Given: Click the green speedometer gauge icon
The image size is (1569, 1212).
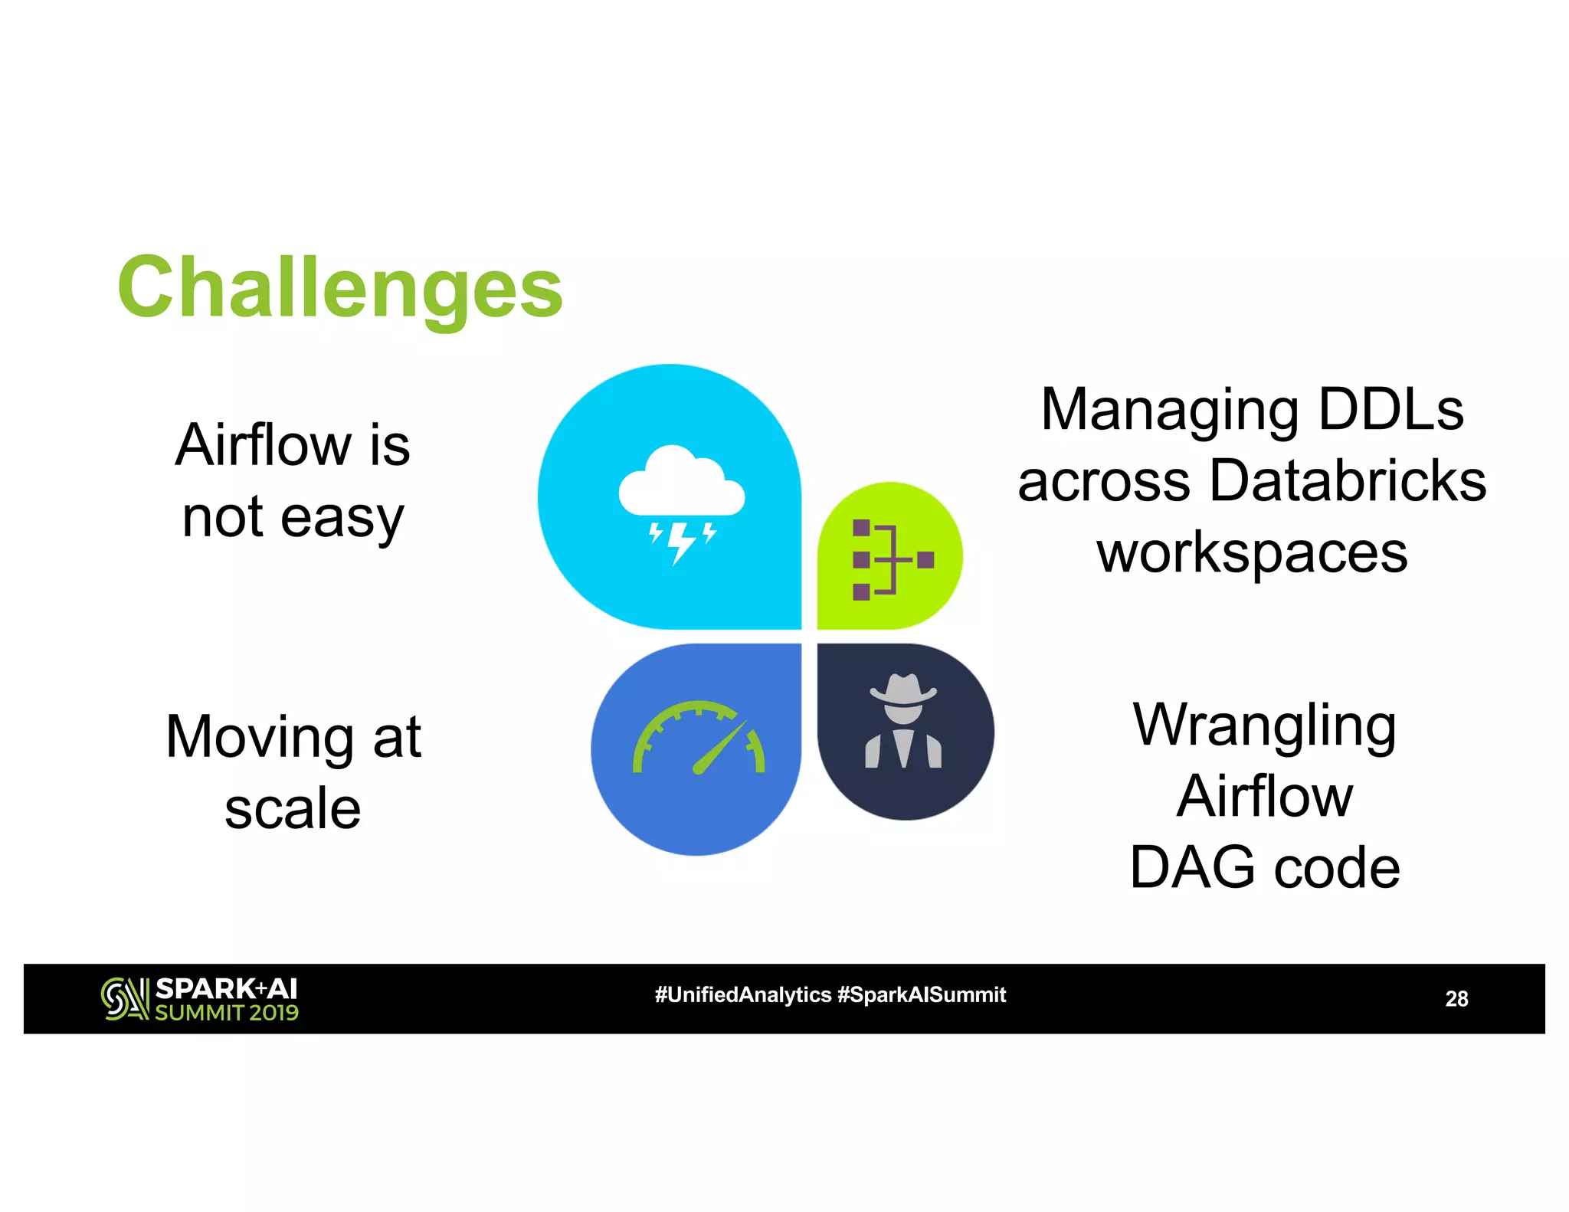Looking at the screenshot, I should tap(699, 739).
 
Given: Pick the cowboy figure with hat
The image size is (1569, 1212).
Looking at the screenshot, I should tap(903, 721).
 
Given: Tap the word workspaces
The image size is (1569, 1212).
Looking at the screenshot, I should tap(1252, 553).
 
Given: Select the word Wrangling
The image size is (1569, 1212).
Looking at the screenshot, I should tap(1265, 726).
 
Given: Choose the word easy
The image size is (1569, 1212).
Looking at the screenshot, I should tap(342, 518).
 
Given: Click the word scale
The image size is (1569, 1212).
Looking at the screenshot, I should tap(293, 809).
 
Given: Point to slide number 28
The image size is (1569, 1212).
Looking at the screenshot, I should tap(1456, 999).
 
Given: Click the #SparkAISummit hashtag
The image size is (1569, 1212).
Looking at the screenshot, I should tap(922, 995).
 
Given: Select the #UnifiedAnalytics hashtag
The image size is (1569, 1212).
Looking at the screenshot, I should tap(742, 995).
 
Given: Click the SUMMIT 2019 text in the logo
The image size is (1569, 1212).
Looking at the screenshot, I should tap(227, 1013).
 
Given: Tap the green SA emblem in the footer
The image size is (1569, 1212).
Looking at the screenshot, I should tap(124, 999).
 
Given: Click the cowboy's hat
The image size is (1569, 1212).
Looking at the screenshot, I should tap(903, 690).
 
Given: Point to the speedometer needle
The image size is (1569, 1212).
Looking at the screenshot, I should tap(720, 748).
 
